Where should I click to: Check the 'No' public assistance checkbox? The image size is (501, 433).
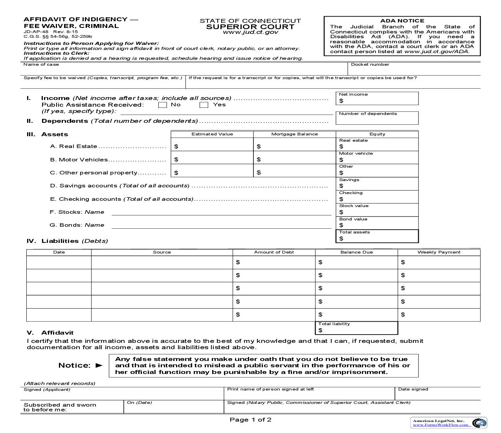(x=163, y=105)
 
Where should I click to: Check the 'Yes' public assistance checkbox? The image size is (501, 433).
(x=204, y=105)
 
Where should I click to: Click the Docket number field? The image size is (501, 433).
(x=413, y=70)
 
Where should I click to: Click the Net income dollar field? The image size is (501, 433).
(x=377, y=101)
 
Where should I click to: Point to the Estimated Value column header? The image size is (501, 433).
(x=212, y=134)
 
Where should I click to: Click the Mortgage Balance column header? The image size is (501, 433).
(x=295, y=134)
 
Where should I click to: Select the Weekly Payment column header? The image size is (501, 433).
(x=439, y=252)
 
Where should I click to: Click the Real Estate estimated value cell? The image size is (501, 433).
(x=212, y=146)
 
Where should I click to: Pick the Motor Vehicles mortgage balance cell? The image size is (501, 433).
(x=295, y=159)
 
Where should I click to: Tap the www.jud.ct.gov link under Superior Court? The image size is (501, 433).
(x=250, y=32)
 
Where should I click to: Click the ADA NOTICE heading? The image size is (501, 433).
(x=402, y=21)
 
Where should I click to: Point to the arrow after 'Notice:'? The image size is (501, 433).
(x=99, y=365)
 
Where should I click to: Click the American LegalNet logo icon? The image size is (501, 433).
(x=479, y=423)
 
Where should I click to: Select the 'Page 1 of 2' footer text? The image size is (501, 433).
(x=250, y=420)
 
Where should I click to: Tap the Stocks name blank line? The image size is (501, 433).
(x=221, y=212)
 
